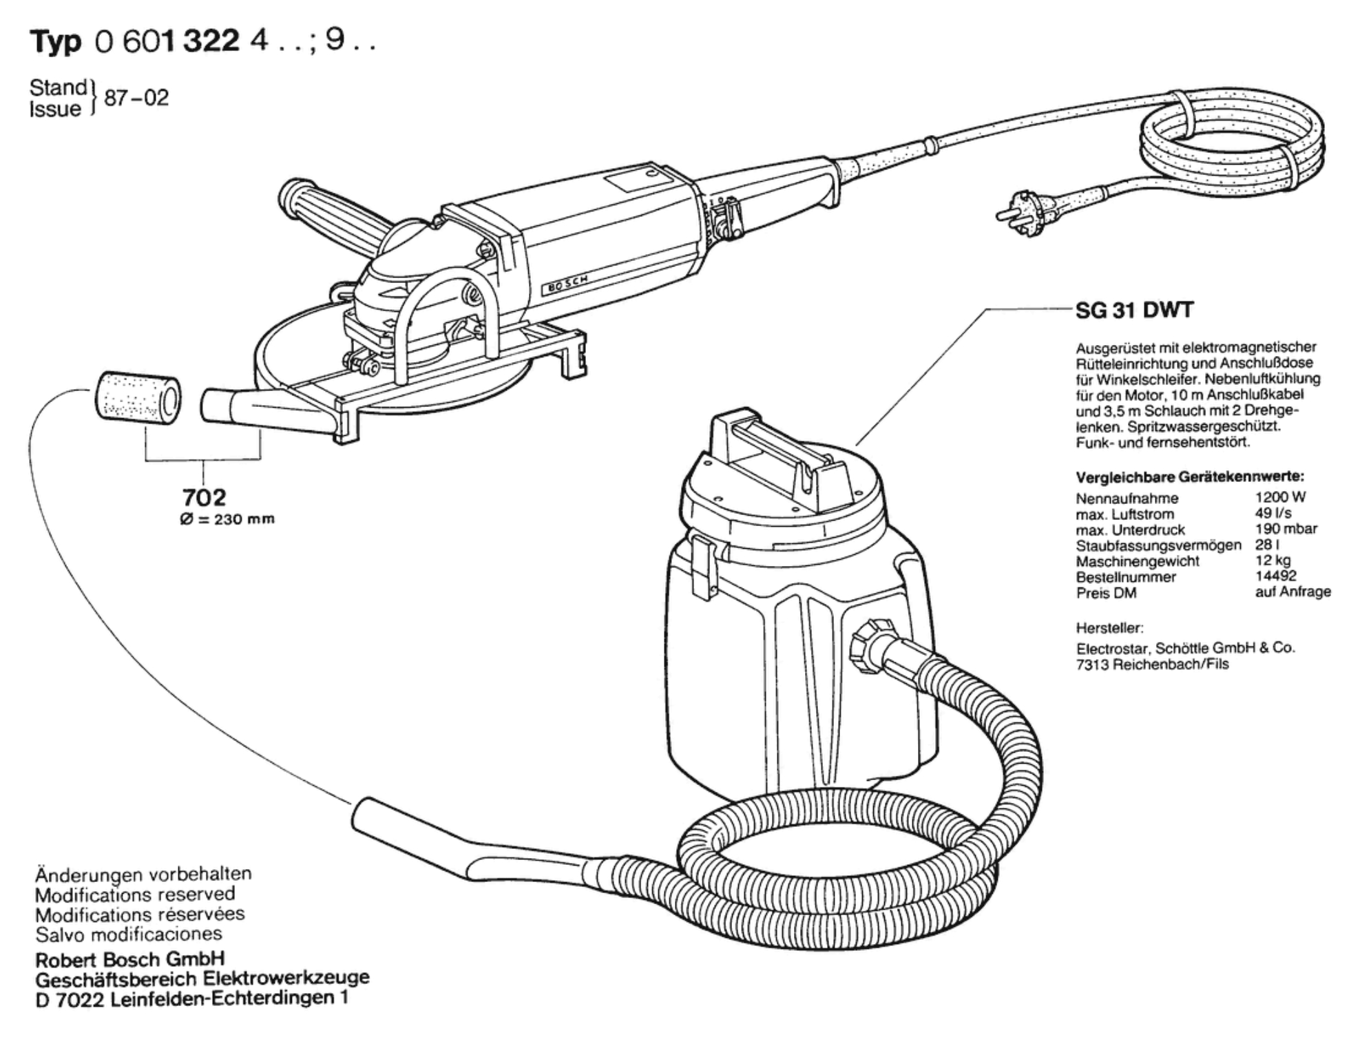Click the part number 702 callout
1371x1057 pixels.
point(204,496)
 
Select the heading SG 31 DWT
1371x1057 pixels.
point(1133,311)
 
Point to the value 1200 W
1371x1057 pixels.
point(1280,497)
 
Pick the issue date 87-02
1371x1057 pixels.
point(136,98)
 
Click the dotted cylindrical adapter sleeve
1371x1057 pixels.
point(138,396)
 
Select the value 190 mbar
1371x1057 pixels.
point(1286,529)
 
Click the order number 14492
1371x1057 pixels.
point(1275,576)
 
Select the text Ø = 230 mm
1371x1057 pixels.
point(227,520)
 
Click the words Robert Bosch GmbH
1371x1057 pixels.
point(130,959)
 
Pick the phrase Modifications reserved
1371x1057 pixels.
point(135,894)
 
